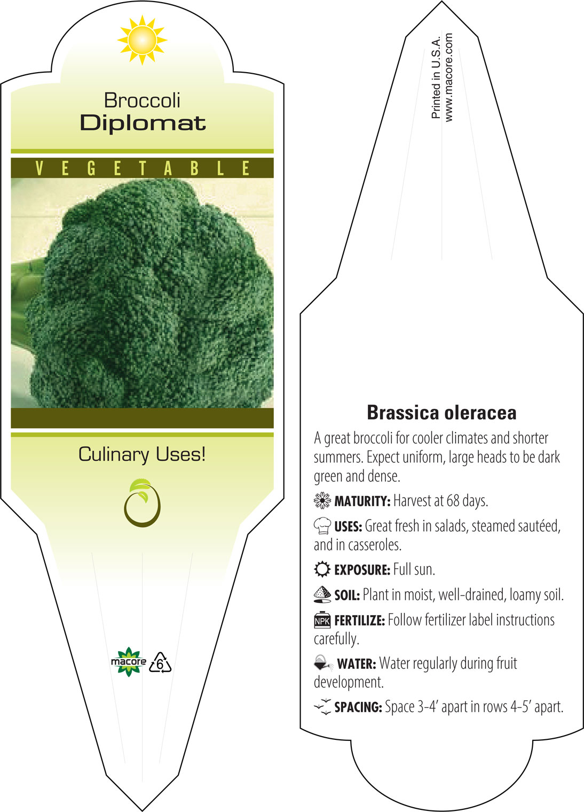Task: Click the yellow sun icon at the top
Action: click(142, 40)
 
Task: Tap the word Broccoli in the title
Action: click(142, 100)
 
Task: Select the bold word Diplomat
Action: click(143, 124)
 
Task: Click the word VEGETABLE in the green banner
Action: click(143, 168)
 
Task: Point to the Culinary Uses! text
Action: click(142, 454)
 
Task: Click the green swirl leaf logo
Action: click(142, 503)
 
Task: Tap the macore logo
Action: click(128, 662)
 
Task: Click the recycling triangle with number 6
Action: click(160, 663)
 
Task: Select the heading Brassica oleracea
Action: click(441, 413)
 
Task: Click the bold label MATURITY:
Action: click(362, 501)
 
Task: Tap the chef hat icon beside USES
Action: click(322, 525)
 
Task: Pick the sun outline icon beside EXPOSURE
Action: click(322, 569)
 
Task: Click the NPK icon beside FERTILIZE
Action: click(322, 620)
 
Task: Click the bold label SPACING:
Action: click(358, 707)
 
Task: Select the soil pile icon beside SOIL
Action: click(322, 594)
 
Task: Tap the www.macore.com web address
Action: click(448, 77)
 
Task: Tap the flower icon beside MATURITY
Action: click(322, 500)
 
